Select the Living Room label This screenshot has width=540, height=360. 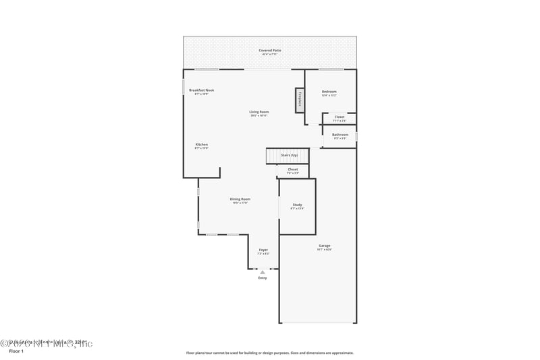pos(259,113)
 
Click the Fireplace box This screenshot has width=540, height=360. pos(298,99)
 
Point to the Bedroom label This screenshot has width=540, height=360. pos(329,93)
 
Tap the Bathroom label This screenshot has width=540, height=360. pos(340,135)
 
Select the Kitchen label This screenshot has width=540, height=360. pos(201,145)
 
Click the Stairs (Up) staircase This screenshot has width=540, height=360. pos(287,156)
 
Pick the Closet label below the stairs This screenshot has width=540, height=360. pos(292,170)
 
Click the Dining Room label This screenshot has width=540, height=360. pos(240,200)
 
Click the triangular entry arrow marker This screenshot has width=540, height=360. pos(263,272)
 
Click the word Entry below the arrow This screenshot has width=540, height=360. pos(263,278)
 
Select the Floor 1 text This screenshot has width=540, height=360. pos(16,351)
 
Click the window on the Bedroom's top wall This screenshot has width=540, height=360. pos(331,70)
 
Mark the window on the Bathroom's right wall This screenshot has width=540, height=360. pos(356,136)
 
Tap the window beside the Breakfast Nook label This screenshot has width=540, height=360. pos(184,88)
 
